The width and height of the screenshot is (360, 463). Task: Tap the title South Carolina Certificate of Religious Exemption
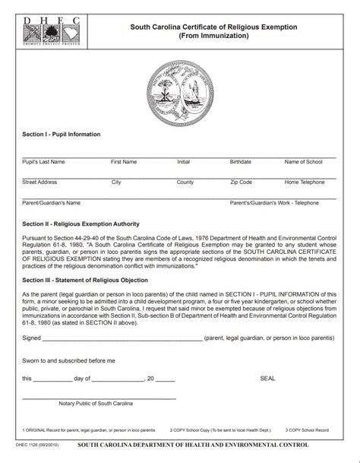tap(213, 27)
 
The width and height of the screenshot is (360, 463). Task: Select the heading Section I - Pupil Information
tap(62, 135)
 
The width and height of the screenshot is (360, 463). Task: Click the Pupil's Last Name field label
tap(43, 162)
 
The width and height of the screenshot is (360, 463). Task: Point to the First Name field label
tap(124, 162)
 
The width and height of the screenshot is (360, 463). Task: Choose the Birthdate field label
tap(240, 162)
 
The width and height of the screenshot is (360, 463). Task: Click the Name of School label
tap(303, 162)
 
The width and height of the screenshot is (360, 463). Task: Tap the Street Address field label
tap(39, 182)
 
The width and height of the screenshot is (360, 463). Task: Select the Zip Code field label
tap(241, 182)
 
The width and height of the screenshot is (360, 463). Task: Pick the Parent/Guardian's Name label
tap(51, 203)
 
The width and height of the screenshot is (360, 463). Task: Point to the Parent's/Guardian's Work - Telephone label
tap(274, 203)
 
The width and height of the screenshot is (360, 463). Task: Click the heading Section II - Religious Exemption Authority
tap(81, 224)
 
